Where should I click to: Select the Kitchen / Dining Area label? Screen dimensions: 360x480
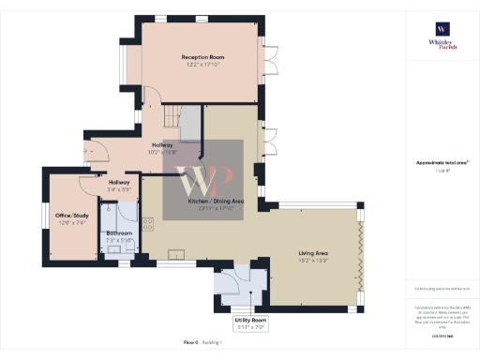pos(216,202)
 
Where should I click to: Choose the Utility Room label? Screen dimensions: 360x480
pos(251,321)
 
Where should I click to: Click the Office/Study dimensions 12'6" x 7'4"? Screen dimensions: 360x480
pos(70,222)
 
